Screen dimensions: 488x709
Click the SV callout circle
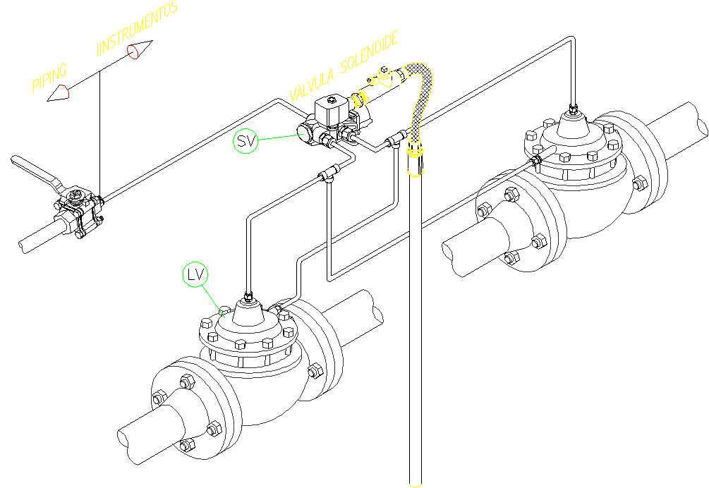point(245,142)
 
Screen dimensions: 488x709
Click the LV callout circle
point(196,274)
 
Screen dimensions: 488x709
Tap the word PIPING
point(50,77)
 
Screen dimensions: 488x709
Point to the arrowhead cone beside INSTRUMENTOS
point(140,51)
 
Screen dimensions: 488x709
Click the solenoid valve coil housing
point(331,110)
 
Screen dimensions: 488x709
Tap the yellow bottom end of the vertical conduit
point(416,483)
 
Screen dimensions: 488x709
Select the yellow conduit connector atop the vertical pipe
point(416,159)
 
